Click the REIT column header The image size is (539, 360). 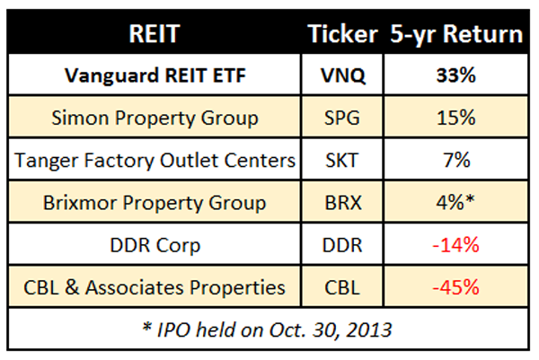click(155, 33)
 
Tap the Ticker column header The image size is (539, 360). click(343, 33)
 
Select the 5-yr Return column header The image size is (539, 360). click(456, 34)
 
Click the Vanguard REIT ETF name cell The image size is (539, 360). click(155, 75)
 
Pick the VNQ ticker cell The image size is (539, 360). click(343, 75)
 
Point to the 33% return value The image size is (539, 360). click(456, 75)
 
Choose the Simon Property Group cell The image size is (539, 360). click(155, 119)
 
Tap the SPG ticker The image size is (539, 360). click(342, 118)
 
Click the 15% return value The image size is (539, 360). click(456, 118)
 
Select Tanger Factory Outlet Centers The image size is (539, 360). click(155, 161)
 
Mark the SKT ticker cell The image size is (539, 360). click(342, 160)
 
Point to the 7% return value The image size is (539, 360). click(457, 160)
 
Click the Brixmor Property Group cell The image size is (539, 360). click(155, 203)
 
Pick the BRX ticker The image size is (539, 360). click(343, 203)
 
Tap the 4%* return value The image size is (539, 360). click(455, 202)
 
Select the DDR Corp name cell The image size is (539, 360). click(155, 246)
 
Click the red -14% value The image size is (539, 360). click(455, 245)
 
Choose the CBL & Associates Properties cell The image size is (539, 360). click(155, 287)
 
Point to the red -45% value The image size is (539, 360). click(455, 287)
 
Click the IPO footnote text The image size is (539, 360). click(267, 330)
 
